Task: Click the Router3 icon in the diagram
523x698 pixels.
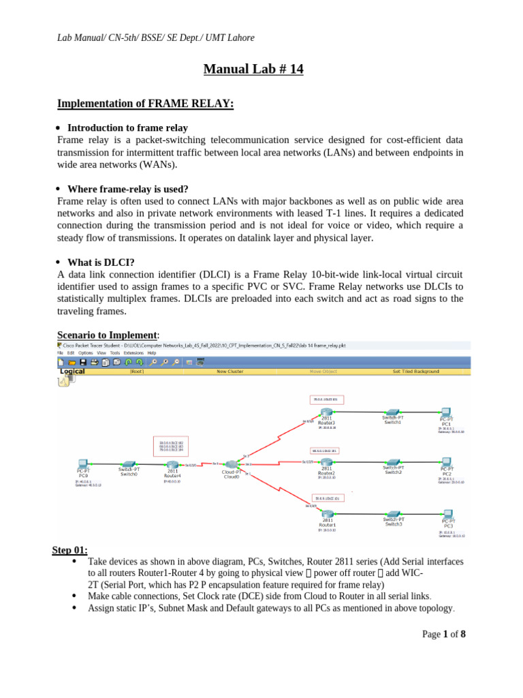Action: click(x=327, y=413)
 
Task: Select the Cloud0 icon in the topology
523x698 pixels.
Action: click(x=232, y=464)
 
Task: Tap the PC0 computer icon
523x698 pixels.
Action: click(x=83, y=463)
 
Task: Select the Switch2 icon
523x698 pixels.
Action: click(x=393, y=461)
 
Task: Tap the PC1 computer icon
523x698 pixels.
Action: click(x=446, y=413)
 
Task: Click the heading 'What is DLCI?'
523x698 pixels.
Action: click(x=101, y=262)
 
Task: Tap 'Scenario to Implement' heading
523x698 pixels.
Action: click(x=107, y=335)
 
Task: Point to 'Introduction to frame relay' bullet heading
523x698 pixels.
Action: click(x=127, y=127)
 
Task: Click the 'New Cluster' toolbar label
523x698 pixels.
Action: click(x=230, y=371)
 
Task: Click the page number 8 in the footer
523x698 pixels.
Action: click(x=463, y=634)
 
